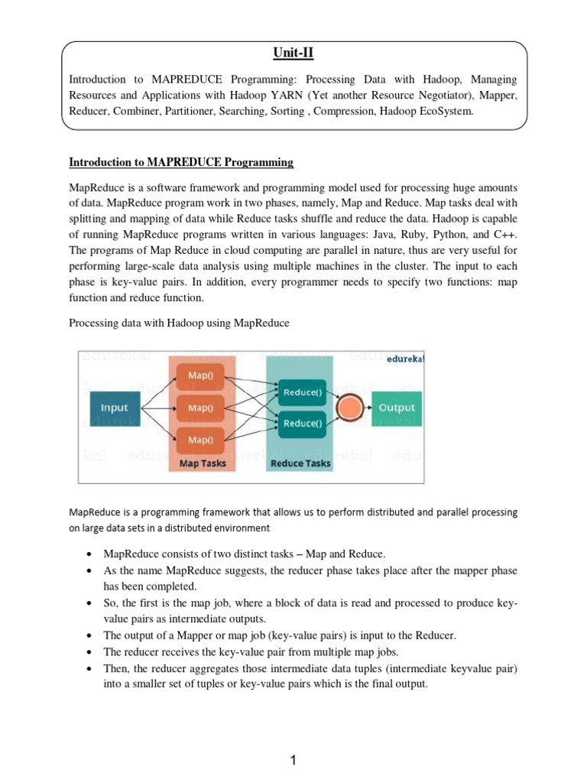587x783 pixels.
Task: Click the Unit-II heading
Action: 293,53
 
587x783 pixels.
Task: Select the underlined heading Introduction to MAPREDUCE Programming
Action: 181,162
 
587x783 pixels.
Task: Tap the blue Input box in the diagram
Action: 115,408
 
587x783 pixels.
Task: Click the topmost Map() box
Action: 200,376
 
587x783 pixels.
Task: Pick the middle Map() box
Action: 200,408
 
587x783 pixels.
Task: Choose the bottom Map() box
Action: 200,440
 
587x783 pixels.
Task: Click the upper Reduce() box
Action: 303,392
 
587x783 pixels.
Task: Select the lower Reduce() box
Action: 303,423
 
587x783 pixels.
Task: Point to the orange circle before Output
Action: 349,408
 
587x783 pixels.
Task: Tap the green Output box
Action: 397,408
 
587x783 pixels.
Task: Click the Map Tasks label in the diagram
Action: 202,463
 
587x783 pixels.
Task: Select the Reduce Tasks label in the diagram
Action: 300,463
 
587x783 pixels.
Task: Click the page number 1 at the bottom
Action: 293,760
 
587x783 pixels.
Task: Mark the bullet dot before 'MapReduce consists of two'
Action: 91,554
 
